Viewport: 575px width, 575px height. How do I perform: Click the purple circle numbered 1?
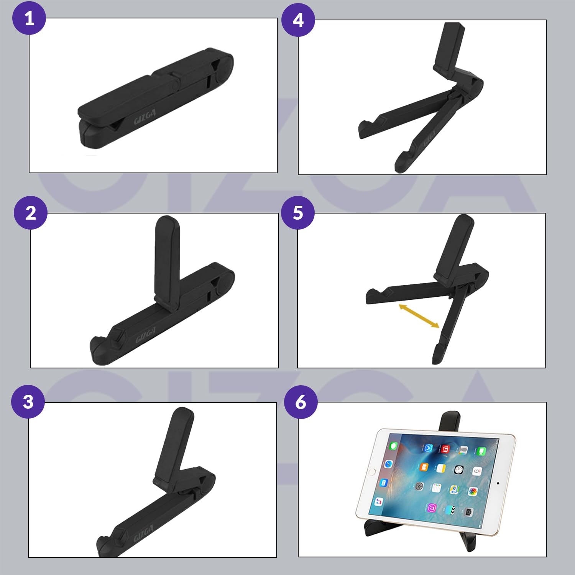[29, 18]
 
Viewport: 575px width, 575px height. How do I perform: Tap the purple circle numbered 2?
[31, 213]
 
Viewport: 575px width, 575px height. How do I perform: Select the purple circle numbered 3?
[28, 402]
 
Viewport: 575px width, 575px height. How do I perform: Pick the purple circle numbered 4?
[298, 20]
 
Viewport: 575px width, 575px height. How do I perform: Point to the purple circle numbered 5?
[298, 213]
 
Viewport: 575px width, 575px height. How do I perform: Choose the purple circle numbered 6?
[301, 402]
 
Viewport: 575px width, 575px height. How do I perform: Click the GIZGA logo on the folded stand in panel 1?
[145, 117]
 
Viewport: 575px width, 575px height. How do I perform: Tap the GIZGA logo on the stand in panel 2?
[146, 335]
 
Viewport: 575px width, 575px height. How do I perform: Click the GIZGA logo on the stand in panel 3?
[144, 533]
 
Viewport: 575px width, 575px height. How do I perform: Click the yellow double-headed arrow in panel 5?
[419, 316]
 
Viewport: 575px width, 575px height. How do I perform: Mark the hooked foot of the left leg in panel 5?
[374, 296]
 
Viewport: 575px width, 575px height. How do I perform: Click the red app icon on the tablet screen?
[445, 449]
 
